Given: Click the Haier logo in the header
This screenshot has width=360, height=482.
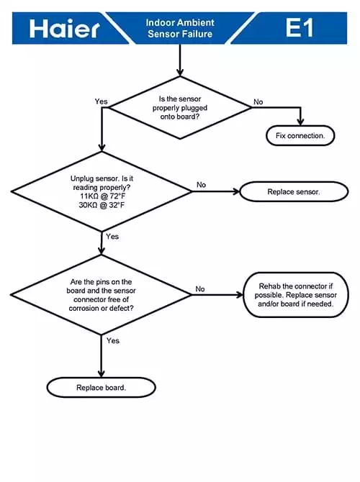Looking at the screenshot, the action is (65, 29).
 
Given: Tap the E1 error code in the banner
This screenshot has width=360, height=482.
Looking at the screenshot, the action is (300, 27).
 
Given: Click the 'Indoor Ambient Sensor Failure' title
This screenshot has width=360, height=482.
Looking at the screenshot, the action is (180, 28).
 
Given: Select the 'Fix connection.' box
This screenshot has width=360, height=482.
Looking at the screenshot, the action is (300, 135).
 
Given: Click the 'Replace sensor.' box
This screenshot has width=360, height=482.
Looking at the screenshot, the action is (294, 192).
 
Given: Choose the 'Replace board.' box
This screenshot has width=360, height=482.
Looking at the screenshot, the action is (102, 388).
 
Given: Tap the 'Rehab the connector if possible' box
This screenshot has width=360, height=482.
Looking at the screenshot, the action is (296, 295).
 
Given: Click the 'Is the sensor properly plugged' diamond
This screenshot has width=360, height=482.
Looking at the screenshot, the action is (180, 108).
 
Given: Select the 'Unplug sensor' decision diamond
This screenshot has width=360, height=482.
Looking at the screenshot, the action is (102, 191).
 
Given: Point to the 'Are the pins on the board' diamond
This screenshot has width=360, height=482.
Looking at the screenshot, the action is (102, 295).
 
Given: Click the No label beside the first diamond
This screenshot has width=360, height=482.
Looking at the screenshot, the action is (258, 101).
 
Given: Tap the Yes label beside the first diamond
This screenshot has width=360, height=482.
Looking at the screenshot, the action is (102, 101).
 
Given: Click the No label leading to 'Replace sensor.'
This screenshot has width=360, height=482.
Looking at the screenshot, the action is (201, 185).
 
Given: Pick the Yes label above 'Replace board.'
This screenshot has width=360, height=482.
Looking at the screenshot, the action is (113, 340).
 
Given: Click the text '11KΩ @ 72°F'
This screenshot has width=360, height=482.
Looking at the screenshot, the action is (103, 196).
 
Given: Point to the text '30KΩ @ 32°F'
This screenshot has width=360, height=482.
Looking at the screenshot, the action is (102, 205).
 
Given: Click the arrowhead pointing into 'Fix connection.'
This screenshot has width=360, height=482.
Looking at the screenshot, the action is (300, 122).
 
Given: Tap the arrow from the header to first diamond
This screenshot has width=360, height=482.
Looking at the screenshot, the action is (180, 60).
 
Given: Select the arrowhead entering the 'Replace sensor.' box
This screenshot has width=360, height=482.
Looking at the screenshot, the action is (235, 191).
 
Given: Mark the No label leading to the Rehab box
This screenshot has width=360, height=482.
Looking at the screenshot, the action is (200, 289).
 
